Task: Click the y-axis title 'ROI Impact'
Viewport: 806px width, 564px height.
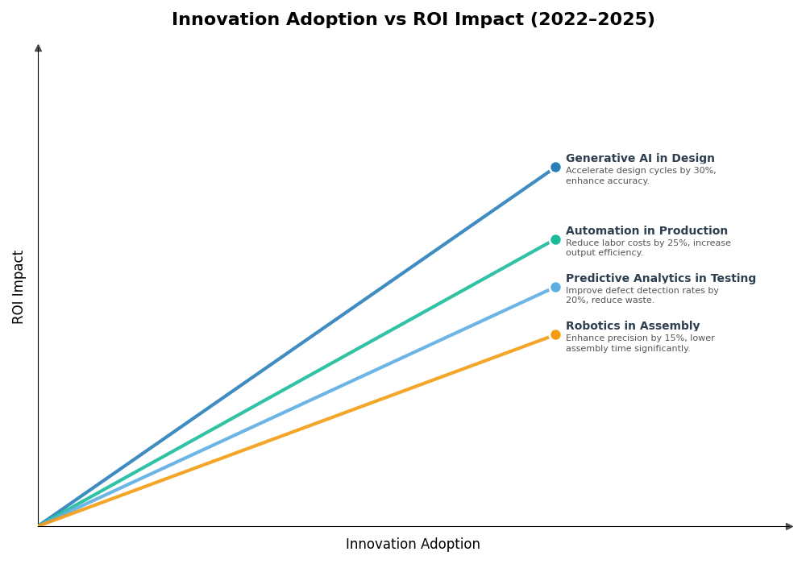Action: click(19, 287)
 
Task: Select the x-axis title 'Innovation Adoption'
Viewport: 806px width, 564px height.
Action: click(413, 545)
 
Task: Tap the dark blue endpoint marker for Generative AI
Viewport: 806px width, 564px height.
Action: click(555, 168)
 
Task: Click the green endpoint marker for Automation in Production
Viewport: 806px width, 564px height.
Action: click(555, 239)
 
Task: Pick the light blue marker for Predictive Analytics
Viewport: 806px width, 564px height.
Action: click(555, 287)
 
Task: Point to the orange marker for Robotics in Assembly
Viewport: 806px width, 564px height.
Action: click(555, 335)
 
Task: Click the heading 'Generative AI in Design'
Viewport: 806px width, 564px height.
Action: click(640, 159)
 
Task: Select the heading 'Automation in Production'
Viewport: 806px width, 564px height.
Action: click(646, 231)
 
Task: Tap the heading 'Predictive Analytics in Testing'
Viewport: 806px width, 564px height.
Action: click(660, 279)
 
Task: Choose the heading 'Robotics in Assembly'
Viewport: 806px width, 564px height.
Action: click(633, 326)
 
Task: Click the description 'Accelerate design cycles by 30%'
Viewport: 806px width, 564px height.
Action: click(641, 171)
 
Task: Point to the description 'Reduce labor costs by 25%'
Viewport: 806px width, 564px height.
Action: click(648, 243)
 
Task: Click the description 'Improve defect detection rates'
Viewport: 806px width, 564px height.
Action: click(642, 291)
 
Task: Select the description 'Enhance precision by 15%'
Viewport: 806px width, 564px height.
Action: click(640, 338)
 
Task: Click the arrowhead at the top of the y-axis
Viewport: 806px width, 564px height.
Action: click(38, 48)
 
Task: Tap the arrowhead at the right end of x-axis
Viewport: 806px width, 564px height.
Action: click(789, 526)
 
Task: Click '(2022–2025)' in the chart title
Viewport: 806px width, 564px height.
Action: click(592, 20)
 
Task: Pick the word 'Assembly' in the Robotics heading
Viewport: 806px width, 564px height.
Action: click(671, 326)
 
